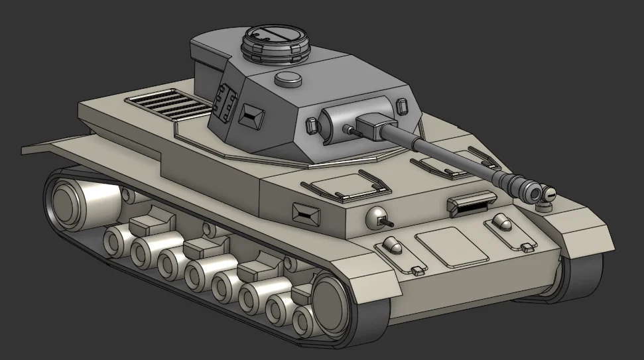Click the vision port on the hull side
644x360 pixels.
pyautogui.click(x=306, y=212)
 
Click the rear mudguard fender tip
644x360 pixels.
pyautogui.click(x=33, y=148)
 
